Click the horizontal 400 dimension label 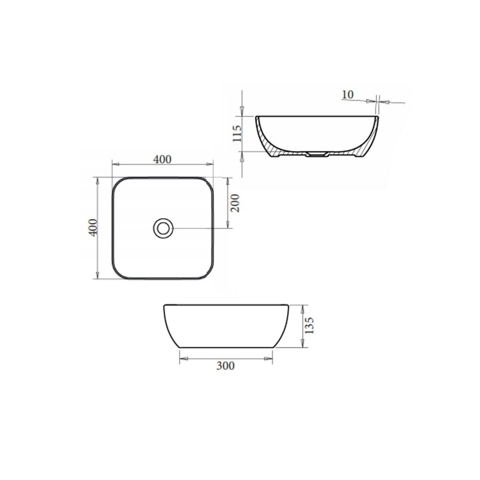[162, 159]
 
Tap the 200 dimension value [235, 203]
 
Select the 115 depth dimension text [237, 133]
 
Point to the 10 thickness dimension [347, 94]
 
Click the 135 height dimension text [309, 325]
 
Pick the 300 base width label [225, 365]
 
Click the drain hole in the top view [163, 228]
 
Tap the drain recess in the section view [317, 154]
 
